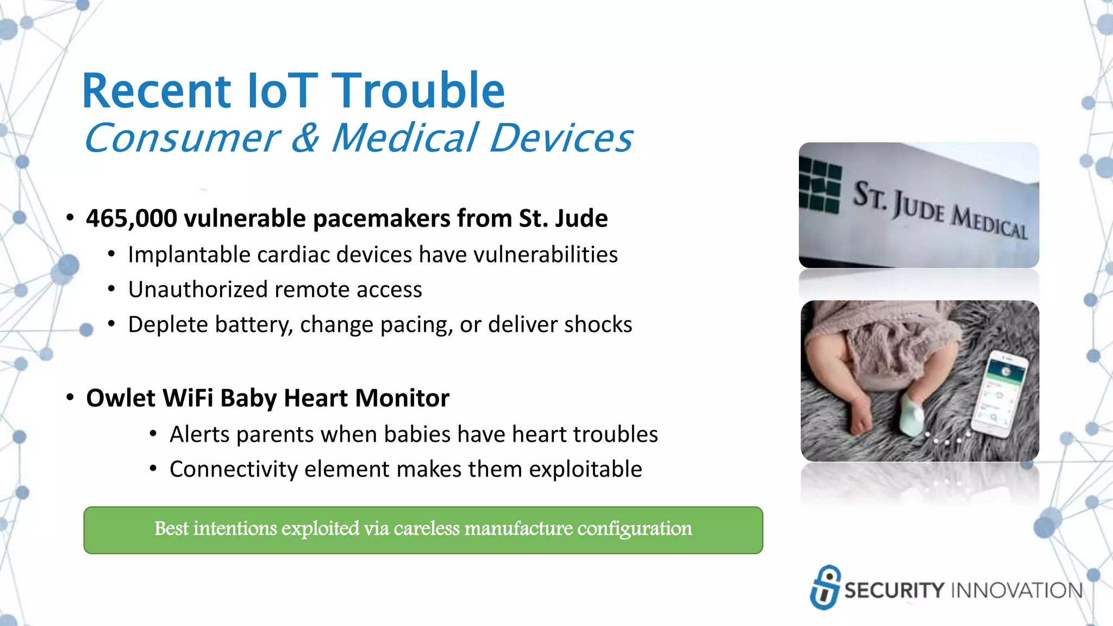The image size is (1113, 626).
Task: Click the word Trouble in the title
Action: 418,91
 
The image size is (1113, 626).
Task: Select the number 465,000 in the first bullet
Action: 132,218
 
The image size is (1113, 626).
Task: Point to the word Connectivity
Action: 233,469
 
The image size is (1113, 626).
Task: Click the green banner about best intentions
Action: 423,530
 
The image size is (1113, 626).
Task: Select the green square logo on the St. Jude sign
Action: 820,185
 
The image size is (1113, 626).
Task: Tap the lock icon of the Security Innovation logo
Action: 824,587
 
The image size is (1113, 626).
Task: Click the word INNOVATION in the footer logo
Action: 1016,591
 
